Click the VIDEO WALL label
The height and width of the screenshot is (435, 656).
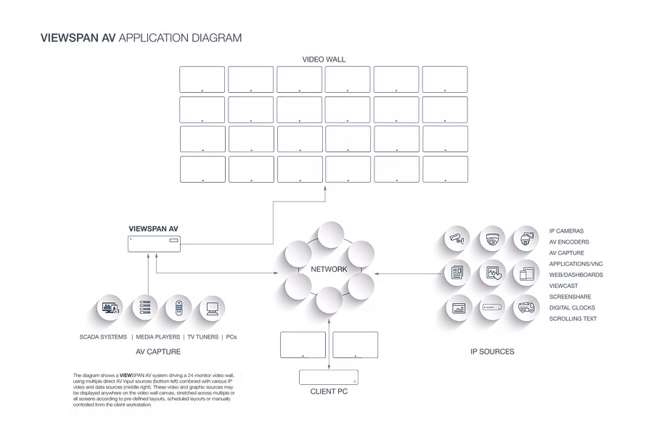[324, 59]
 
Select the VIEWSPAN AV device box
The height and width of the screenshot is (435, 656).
[154, 244]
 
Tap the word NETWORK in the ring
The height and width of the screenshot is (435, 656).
[329, 269]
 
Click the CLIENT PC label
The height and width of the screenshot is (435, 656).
[329, 391]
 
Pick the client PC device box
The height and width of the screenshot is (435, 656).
[329, 377]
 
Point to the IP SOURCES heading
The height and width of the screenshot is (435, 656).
[492, 352]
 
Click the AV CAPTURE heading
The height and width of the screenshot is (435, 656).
[158, 352]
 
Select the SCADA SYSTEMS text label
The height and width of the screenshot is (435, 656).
[103, 337]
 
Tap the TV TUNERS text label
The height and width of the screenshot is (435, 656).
[203, 337]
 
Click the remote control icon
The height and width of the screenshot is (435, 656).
[179, 308]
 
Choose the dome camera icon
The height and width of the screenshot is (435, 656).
[493, 239]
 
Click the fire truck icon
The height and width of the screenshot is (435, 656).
[526, 307]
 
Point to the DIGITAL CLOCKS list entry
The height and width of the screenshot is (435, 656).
[572, 307]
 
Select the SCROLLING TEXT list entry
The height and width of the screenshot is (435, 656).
[573, 318]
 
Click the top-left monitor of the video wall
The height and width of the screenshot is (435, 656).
[202, 80]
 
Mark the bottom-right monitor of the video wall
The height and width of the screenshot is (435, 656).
[445, 169]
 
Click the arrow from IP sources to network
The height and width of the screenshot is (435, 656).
[408, 274]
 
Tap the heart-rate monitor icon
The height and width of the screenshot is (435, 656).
[493, 273]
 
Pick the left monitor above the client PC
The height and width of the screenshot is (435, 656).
[303, 345]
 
